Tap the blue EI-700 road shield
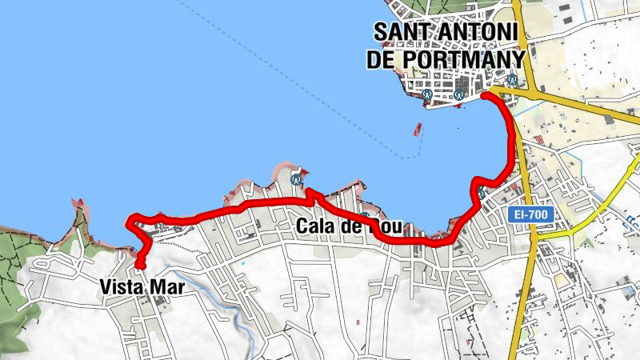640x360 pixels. pyautogui.click(x=526, y=216)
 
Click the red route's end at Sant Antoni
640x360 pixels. pyautogui.click(x=485, y=96)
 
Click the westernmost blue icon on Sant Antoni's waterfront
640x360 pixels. pyautogui.click(x=428, y=94)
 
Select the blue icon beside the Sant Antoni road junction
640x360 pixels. pyautogui.click(x=512, y=80)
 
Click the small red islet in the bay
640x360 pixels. pyautogui.click(x=417, y=128)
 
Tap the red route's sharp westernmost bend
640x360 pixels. pyautogui.click(x=130, y=221)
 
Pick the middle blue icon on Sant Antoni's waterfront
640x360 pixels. pyautogui.click(x=458, y=95)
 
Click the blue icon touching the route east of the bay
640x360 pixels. pyautogui.click(x=482, y=193)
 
